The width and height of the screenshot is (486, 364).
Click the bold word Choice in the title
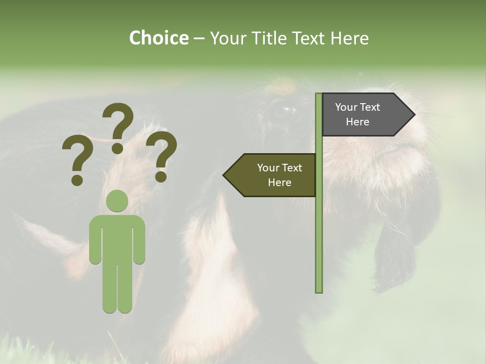pos(158,38)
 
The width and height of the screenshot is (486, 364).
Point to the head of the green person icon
pos(117,201)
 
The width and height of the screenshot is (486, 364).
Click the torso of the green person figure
pos(117,238)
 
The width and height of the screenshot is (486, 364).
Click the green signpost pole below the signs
pos(319,243)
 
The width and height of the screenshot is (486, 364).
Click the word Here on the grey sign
pos(357,122)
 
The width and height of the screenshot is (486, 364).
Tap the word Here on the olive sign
pos(279,183)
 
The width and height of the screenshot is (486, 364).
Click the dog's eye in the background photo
pos(287,109)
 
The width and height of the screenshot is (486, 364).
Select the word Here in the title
pos(349,38)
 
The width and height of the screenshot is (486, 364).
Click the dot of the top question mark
pos(117,147)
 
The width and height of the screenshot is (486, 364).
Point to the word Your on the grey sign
pos(346,107)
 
